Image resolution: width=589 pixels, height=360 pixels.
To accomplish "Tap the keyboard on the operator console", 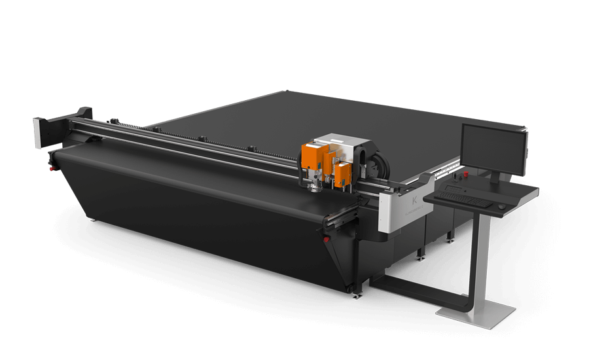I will pos(461,196).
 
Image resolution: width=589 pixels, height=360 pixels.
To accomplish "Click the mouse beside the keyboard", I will pos(501,206).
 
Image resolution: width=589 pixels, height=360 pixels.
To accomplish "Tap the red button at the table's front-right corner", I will pos(326,240).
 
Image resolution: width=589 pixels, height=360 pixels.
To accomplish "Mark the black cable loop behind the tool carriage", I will pos(374,161).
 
